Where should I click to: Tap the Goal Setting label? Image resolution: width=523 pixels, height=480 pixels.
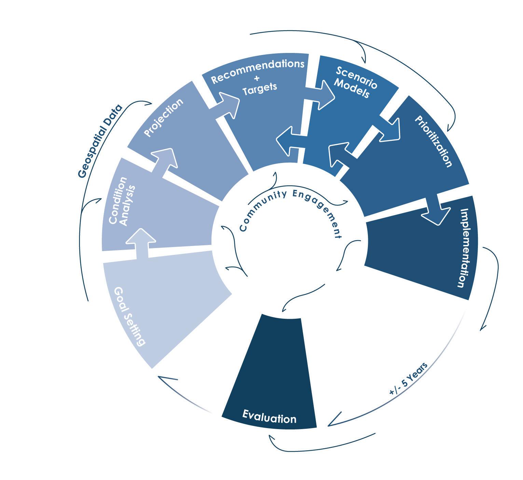129,316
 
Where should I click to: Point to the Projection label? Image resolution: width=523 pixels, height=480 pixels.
163,118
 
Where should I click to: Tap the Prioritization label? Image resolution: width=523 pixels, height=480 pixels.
433,141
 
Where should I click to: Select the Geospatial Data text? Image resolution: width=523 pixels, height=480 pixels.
100,141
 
